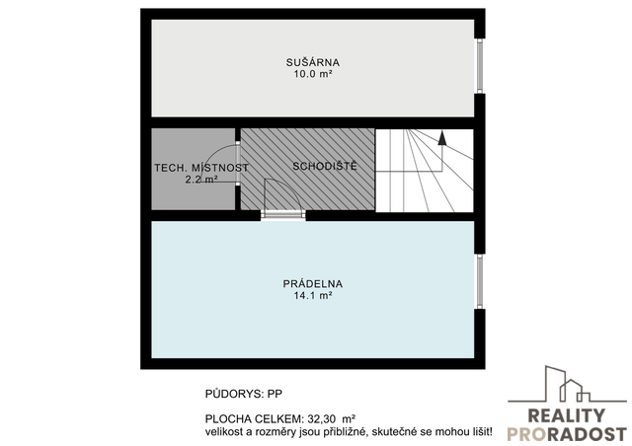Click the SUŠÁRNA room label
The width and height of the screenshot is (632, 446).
pos(313,62)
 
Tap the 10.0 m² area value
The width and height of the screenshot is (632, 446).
pos(313,74)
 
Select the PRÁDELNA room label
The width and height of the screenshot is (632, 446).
pos(313,283)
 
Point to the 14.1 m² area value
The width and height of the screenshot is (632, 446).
pos(313,296)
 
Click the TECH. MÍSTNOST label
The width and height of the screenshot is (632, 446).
pos(201,168)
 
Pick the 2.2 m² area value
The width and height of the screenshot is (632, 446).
pos(201,180)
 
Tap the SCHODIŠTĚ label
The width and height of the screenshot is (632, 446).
pos(325,166)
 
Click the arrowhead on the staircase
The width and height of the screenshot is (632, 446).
pos(442,137)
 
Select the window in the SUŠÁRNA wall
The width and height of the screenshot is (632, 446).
pos(480,66)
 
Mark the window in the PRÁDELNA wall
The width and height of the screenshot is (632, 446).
pos(480,281)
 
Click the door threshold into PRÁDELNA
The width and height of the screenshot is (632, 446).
pos(283,215)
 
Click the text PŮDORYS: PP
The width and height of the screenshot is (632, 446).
pos(244,394)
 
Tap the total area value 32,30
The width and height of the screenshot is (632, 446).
pos(322,419)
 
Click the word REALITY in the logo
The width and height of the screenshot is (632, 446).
pos(566,415)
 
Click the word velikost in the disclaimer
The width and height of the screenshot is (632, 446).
pos(221,432)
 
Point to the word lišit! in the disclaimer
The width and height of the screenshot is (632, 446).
pos(483,432)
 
